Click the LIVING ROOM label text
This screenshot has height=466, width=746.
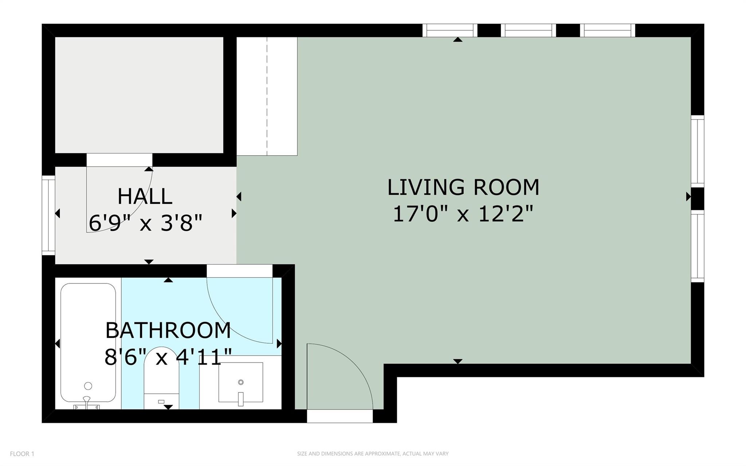tap(463, 187)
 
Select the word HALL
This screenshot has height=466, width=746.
tap(145, 197)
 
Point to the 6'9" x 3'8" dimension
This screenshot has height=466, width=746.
tap(145, 223)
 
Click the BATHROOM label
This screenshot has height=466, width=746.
tap(168, 330)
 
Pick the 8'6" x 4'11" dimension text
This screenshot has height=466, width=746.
tap(168, 357)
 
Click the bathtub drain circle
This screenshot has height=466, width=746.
tap(88, 386)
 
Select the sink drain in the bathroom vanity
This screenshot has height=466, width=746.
tap(240, 382)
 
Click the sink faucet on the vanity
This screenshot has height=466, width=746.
tap(240, 399)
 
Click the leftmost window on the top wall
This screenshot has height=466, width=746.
tap(450, 30)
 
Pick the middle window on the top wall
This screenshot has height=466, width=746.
tap(528, 30)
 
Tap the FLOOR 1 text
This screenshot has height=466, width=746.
tap(22, 454)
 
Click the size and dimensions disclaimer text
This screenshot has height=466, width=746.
tap(373, 454)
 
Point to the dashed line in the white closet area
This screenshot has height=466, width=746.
tap(267, 97)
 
